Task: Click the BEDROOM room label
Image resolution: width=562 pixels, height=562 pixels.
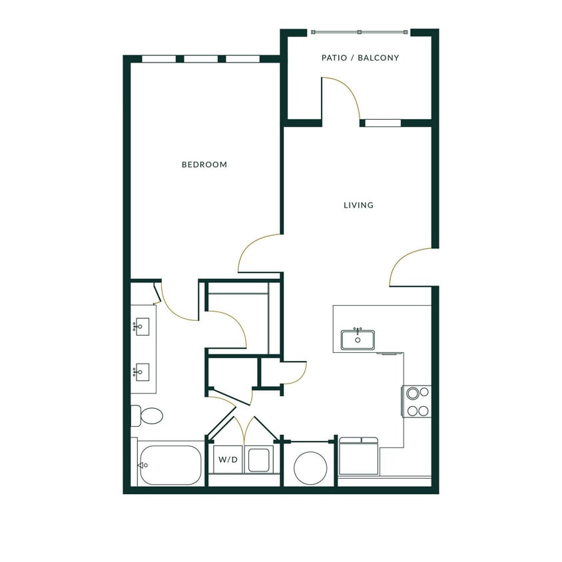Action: coord(204,164)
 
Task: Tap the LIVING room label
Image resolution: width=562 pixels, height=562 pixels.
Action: coord(358,205)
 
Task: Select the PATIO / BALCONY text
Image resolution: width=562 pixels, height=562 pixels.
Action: coord(360,58)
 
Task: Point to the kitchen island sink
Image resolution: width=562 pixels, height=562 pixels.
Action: coord(358,340)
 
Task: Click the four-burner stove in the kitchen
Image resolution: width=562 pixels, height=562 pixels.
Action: coord(417,402)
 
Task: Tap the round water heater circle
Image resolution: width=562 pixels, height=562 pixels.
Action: coord(309,468)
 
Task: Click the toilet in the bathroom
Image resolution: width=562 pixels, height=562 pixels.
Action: coord(147,416)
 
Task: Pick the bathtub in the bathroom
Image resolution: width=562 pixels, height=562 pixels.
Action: coord(170,464)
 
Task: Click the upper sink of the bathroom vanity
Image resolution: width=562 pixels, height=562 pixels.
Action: coord(141,326)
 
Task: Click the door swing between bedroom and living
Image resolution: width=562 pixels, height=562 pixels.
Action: coord(256,253)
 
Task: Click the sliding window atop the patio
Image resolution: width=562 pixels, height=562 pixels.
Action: coord(360,32)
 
